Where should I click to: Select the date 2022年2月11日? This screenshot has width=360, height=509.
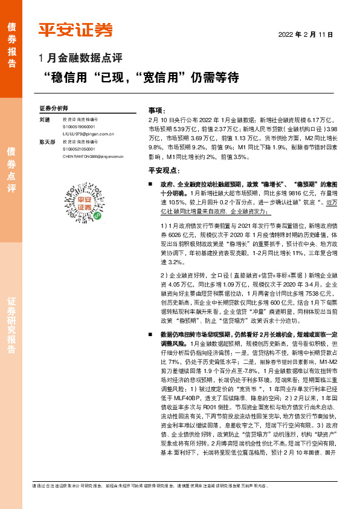tap(305, 34)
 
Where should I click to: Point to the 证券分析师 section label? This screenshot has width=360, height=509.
tap(54, 108)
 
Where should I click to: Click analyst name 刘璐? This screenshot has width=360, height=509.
tap(45, 120)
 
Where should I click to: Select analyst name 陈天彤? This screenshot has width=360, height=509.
tap(47, 141)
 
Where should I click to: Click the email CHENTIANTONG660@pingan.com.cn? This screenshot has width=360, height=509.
tap(92, 156)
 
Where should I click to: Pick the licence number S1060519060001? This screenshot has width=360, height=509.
tap(79, 127)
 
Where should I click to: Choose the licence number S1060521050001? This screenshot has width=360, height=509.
tap(79, 149)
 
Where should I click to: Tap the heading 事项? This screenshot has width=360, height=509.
tap(156, 110)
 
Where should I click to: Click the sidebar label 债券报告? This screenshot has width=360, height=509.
tap(11, 39)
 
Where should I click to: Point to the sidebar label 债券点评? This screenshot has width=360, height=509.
tap(11, 169)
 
